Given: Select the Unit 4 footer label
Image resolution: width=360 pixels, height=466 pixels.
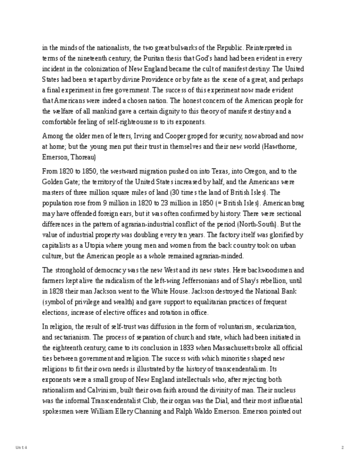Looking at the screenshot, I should (21, 448).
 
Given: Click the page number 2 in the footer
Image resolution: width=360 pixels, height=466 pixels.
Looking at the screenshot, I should (342, 448).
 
